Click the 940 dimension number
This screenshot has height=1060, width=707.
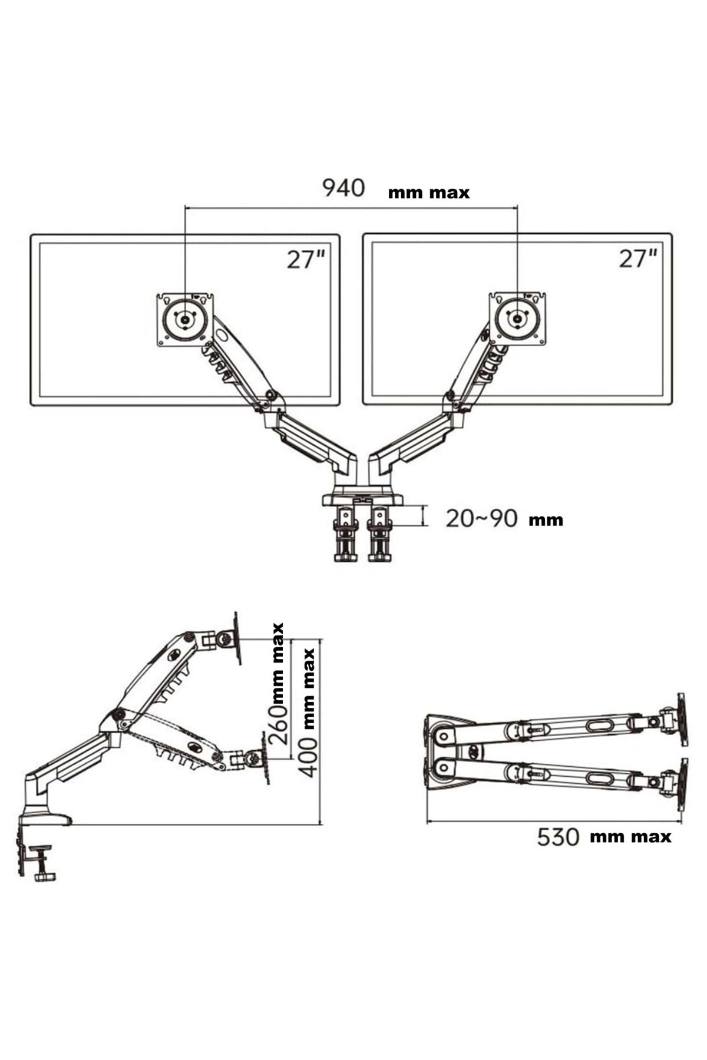[343, 188]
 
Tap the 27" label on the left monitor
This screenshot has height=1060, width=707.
[305, 259]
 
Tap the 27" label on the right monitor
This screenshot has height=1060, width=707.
[637, 259]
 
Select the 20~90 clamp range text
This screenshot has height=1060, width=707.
[481, 518]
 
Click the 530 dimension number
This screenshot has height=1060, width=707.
[558, 837]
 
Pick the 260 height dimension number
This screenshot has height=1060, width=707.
[279, 725]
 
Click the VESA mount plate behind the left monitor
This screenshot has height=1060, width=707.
[185, 319]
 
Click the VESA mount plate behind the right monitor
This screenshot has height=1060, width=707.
[517, 319]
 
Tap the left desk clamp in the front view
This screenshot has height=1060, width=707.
[345, 534]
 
